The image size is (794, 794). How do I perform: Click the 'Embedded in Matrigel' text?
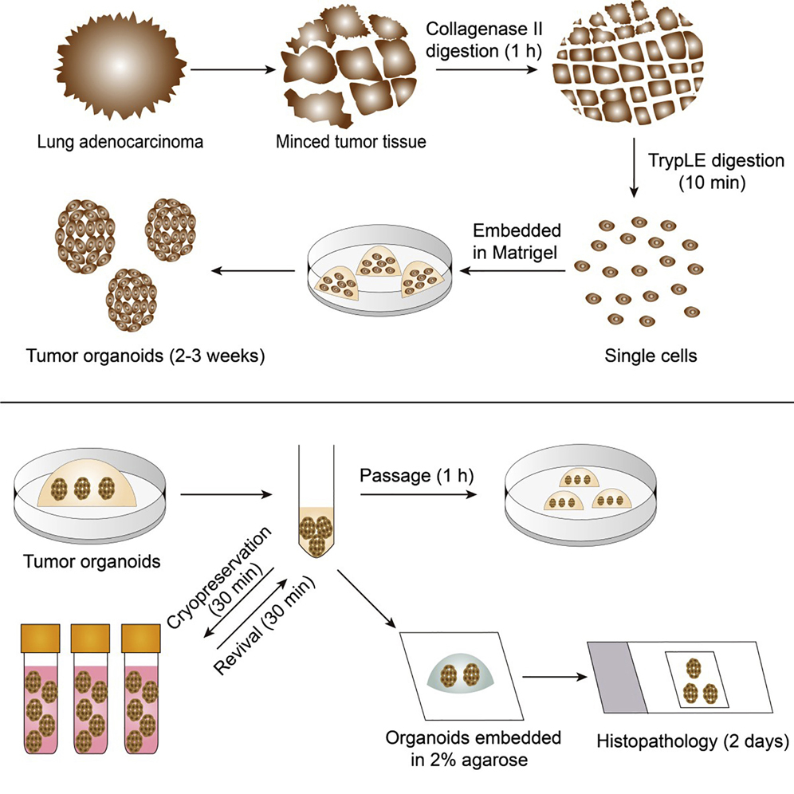tap(519, 241)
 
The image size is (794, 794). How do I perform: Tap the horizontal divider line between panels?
tap(397, 403)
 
